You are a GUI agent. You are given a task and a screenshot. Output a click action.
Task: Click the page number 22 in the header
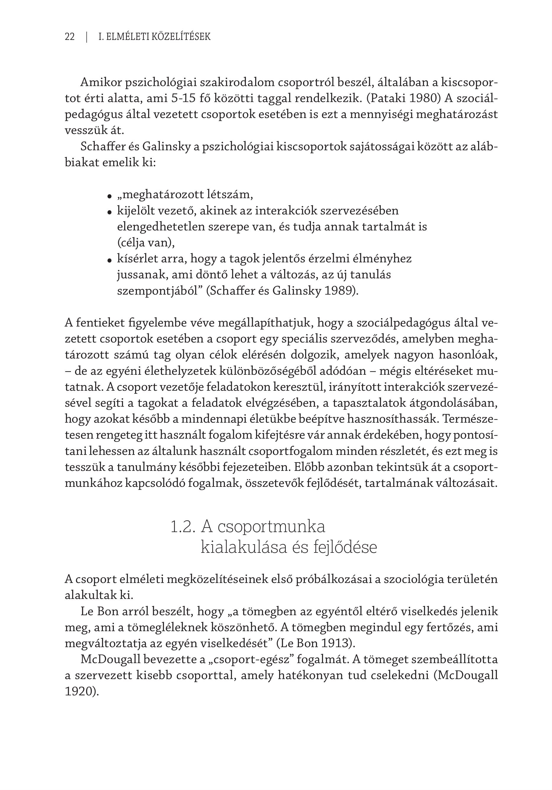point(69,37)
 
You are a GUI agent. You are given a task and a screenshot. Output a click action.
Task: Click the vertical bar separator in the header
point(87,37)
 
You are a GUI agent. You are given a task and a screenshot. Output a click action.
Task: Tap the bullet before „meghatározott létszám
point(109,196)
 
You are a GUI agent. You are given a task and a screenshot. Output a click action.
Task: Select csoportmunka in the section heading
point(271,527)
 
